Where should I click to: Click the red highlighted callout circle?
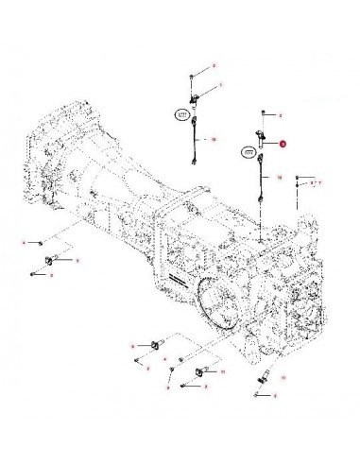[x=281, y=144]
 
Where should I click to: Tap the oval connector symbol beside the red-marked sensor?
[x=249, y=150]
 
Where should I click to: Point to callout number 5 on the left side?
[x=77, y=259]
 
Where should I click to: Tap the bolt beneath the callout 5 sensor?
[x=34, y=277]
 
